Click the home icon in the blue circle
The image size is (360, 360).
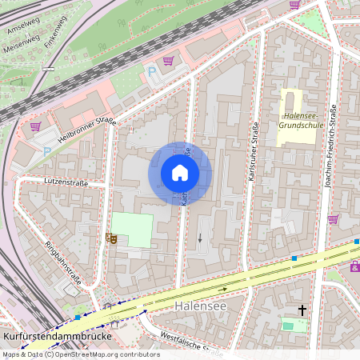(x=180, y=173)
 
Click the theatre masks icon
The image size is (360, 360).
(x=110, y=238)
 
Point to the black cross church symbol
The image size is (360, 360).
(x=302, y=309)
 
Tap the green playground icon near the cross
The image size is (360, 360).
(x=288, y=324)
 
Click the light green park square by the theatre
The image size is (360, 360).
(x=132, y=230)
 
